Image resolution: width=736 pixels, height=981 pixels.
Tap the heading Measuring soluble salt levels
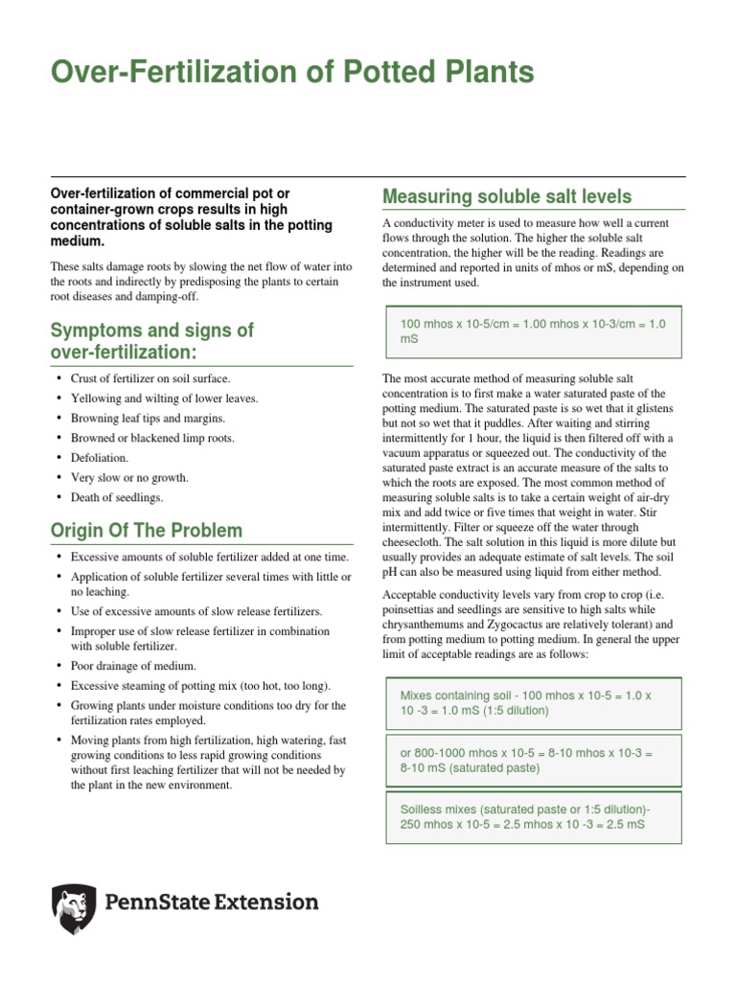506,196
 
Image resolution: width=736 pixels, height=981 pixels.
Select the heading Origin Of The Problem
147,530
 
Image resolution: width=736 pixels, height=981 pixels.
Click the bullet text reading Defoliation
101,457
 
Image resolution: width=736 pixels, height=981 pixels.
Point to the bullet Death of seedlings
117,497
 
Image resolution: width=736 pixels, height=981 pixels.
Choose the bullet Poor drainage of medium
133,666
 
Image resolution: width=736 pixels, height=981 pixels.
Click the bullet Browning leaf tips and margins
149,418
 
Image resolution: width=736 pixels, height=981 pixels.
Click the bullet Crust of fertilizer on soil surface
149,378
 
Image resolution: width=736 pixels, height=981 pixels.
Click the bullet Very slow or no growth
129,477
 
